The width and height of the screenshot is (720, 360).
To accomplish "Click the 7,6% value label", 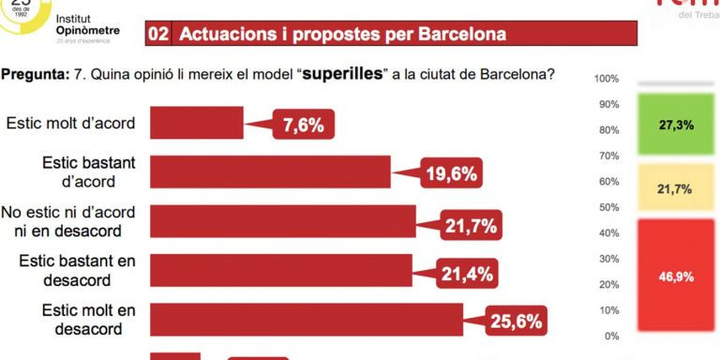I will point(304,125).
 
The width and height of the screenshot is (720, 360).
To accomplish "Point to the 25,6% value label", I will point(516,322).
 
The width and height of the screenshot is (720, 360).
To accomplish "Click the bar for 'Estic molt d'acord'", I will point(197,123).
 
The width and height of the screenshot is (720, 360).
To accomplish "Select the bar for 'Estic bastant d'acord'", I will point(270,172).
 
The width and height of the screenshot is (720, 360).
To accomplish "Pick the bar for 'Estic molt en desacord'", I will point(307,320).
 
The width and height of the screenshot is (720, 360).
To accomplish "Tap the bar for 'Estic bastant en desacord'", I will point(280,271).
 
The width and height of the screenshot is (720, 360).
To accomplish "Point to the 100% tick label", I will point(607,78).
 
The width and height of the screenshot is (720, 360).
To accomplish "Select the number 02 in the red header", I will point(158,35).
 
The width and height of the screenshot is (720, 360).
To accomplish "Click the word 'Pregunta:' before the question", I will point(36,73).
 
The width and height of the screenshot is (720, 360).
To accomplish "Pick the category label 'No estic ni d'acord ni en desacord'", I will point(69,220).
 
